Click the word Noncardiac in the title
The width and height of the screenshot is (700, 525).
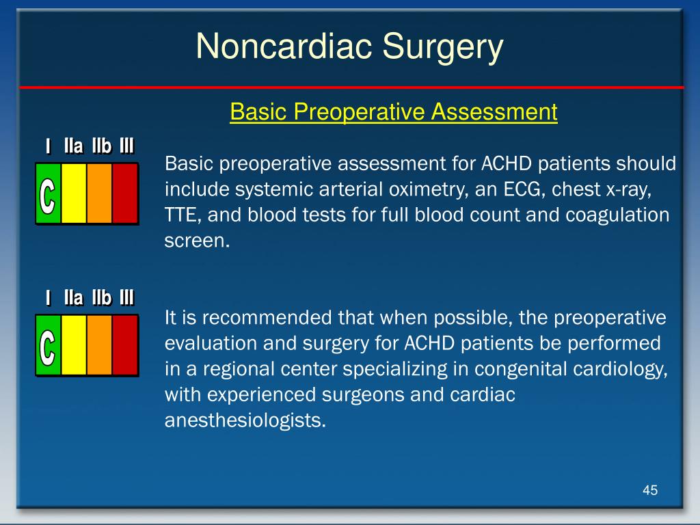pos(284,46)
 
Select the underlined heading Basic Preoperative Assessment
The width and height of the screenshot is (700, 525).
pos(393,111)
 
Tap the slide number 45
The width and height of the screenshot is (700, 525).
pos(650,490)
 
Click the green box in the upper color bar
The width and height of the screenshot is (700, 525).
pos(49,193)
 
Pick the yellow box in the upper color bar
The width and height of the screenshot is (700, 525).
pos(74,193)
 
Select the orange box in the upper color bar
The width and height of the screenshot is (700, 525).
pos(99,193)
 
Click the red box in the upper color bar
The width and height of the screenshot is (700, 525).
pos(125,193)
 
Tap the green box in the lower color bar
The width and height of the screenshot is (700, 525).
pos(49,345)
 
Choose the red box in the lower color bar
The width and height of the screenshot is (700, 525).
pos(125,345)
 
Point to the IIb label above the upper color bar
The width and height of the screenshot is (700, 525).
pos(101,146)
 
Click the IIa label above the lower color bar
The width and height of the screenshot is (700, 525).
pos(74,298)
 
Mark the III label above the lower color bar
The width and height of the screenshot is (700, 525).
pos(126,298)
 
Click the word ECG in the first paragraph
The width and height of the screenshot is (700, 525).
pos(523,190)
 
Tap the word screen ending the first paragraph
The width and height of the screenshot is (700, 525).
pos(197,241)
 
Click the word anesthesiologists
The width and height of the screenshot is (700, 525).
pos(245,421)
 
